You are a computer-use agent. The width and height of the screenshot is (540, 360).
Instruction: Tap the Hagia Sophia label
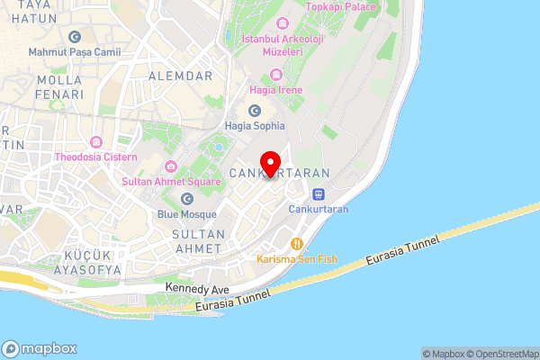pyautogui.click(x=256, y=126)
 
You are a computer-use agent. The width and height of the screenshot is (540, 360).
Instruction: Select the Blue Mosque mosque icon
pyautogui.click(x=187, y=199)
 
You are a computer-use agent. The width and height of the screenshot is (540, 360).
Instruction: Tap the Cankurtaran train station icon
pyautogui.click(x=318, y=193)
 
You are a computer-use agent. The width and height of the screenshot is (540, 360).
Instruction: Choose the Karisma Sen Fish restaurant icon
pyautogui.click(x=296, y=243)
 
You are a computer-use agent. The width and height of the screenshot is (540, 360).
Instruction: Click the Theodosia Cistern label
pyautogui.click(x=95, y=157)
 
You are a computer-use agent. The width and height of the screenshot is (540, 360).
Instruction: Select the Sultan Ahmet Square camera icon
pyautogui.click(x=171, y=166)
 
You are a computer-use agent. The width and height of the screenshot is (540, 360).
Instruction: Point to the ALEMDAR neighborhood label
pyautogui.click(x=181, y=76)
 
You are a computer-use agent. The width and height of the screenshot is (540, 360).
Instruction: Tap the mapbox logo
pyautogui.click(x=40, y=348)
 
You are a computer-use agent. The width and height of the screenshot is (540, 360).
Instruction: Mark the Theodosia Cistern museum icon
pyautogui.click(x=95, y=141)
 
